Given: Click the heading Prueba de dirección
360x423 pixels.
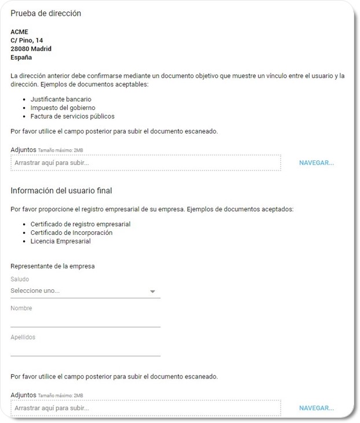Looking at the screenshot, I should [x=46, y=13].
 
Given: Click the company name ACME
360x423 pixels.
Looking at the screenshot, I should [x=19, y=32].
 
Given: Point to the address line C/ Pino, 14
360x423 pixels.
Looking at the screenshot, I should [x=27, y=41].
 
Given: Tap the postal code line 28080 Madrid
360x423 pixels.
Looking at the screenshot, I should [x=31, y=49].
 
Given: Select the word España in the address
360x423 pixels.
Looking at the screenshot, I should [x=21, y=58].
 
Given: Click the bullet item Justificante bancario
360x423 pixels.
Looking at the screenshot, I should [x=61, y=100].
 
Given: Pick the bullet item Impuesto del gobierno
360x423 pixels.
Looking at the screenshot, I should [x=63, y=108].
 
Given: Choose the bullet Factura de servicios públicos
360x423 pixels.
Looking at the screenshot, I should [x=72, y=116].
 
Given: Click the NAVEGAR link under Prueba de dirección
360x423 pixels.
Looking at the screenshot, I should [x=317, y=163].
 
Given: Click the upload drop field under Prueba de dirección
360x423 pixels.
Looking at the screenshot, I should [x=145, y=163].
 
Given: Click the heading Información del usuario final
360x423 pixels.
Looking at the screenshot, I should [x=61, y=191].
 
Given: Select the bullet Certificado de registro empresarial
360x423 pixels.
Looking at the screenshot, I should [x=80, y=224].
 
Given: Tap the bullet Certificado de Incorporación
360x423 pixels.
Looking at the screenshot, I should [x=71, y=233].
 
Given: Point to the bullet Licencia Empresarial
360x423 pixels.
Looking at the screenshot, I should [x=60, y=241].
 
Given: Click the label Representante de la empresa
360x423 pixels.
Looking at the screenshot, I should [x=53, y=266].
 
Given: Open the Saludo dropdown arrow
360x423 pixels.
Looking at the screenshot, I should [x=153, y=292].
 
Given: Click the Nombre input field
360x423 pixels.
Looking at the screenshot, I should [x=85, y=320].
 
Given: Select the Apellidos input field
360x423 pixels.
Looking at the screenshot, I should [x=85, y=349].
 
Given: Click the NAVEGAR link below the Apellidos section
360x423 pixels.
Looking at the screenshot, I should [x=317, y=409].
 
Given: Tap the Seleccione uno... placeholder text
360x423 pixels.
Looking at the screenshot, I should [x=35, y=291].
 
